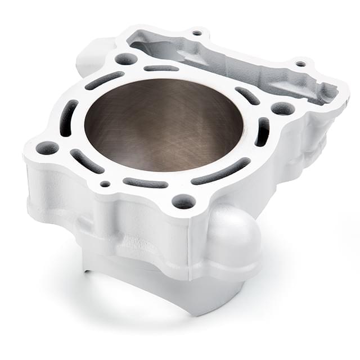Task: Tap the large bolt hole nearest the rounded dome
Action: click(183, 200)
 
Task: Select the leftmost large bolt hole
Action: click(47, 148)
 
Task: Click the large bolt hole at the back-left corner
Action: click(125, 58)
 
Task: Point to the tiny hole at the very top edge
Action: click(197, 33)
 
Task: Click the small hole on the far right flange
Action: click(300, 64)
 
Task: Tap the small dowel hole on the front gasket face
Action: click(105, 183)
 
